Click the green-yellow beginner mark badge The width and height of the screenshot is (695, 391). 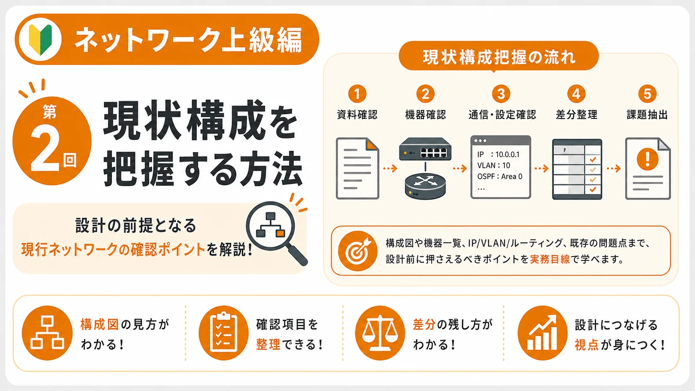click(40, 39)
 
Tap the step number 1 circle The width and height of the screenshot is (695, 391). click(357, 93)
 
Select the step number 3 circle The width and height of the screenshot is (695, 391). click(501, 93)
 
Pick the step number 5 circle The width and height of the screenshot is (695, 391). click(647, 93)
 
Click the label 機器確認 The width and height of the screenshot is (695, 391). click(425, 115)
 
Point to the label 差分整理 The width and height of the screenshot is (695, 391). click(577, 115)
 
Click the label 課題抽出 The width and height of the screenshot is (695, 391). click(647, 115)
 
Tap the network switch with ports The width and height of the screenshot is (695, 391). click(425, 149)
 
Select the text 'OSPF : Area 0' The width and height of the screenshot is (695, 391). click(500, 177)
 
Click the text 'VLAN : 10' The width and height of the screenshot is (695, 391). click(493, 165)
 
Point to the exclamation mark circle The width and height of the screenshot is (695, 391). click(647, 160)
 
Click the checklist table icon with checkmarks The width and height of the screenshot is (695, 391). click(577, 169)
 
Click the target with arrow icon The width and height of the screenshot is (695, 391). click(357, 251)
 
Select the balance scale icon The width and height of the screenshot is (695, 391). click(380, 333)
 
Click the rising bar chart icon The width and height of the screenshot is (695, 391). click(542, 333)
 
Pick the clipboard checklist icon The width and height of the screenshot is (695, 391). click(223, 333)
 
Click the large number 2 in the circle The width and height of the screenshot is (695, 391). click(45, 148)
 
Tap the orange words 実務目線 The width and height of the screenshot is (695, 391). click(550, 259)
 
